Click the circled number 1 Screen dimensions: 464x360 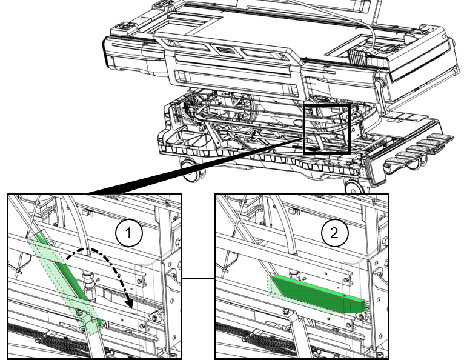[129, 233]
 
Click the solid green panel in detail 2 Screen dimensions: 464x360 [318, 294]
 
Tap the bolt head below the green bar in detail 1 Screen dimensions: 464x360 [79, 312]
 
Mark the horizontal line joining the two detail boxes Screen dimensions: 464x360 [198, 278]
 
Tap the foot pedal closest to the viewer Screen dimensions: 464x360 [398, 162]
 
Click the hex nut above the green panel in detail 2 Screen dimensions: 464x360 [294, 272]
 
